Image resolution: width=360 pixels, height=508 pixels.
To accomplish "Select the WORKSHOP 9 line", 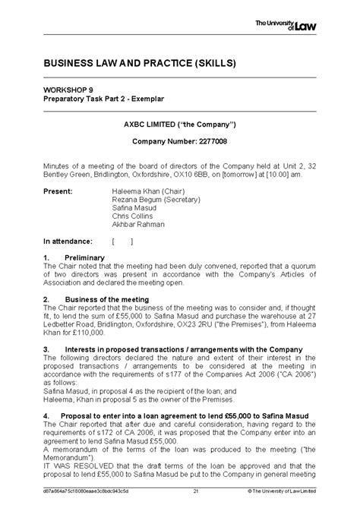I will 70,90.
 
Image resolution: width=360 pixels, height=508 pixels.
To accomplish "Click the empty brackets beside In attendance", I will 122,241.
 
